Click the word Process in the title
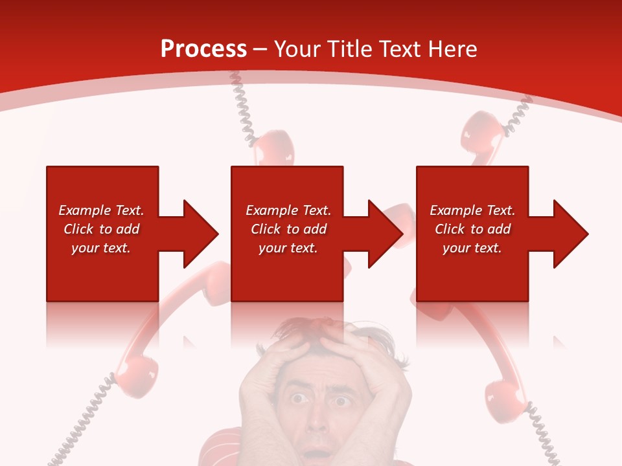[203, 49]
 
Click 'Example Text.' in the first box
[101, 210]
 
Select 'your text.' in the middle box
[288, 248]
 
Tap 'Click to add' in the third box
[472, 229]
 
